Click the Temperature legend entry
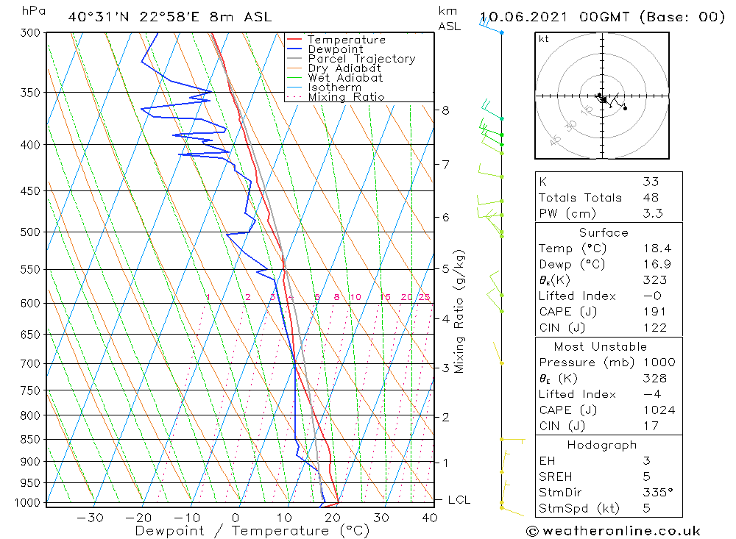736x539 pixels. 346,40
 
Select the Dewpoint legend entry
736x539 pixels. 335,49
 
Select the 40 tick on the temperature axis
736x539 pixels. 429,517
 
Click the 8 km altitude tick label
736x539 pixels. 445,110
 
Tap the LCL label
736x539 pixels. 459,500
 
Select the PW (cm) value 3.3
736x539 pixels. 653,213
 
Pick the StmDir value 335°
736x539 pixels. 657,493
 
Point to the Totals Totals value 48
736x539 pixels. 650,197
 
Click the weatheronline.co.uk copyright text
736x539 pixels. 613,530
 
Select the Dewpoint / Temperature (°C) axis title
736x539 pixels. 252,530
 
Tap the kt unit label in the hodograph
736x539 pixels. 544,39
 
